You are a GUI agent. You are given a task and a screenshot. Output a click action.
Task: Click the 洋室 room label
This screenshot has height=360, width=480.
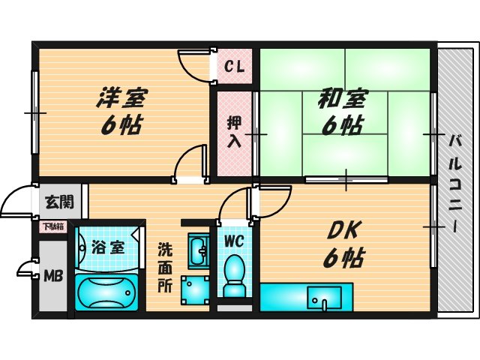122,98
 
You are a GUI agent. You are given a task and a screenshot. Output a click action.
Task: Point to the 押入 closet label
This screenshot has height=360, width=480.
235,131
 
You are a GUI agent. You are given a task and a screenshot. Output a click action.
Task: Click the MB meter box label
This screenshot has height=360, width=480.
52,275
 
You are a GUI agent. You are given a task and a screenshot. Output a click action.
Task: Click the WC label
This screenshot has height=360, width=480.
235,241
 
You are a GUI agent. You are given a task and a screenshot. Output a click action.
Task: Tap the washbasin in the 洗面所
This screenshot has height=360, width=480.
198,250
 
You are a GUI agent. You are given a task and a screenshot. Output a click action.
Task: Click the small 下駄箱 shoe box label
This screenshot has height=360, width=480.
52,226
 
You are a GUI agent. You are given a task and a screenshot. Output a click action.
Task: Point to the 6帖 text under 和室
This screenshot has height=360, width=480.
343,125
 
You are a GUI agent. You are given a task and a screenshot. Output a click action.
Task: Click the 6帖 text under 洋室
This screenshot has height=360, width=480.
122,124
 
